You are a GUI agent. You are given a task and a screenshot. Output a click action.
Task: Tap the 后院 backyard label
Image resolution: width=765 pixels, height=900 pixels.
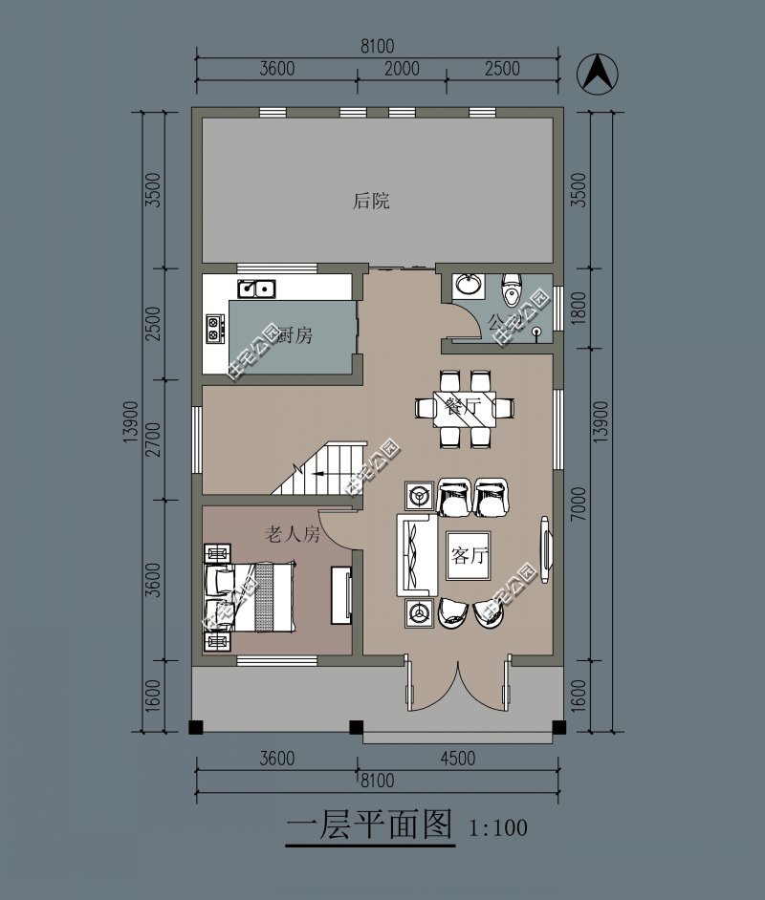point(371,202)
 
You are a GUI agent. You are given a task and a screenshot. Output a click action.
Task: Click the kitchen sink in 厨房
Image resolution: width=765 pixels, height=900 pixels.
point(256,286)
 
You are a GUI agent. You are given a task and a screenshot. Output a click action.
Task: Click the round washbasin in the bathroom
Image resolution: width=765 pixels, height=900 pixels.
point(469,284)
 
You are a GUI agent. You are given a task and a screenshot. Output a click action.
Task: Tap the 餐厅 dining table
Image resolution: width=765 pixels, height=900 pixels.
point(464,408)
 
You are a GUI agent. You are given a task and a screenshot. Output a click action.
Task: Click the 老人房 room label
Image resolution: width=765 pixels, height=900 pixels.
point(292,535)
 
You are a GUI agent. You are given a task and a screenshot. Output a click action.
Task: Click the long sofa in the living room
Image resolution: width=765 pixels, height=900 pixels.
point(417,555)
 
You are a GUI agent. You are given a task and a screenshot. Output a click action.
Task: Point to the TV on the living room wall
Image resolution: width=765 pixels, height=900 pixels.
point(546,549)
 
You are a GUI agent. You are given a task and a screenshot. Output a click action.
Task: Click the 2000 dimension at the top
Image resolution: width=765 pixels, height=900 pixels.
point(402,68)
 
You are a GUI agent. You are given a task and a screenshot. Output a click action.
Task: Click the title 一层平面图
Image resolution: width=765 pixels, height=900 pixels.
point(369,824)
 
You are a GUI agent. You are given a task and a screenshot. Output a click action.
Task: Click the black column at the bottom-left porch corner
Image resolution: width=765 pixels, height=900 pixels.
point(197,726)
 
